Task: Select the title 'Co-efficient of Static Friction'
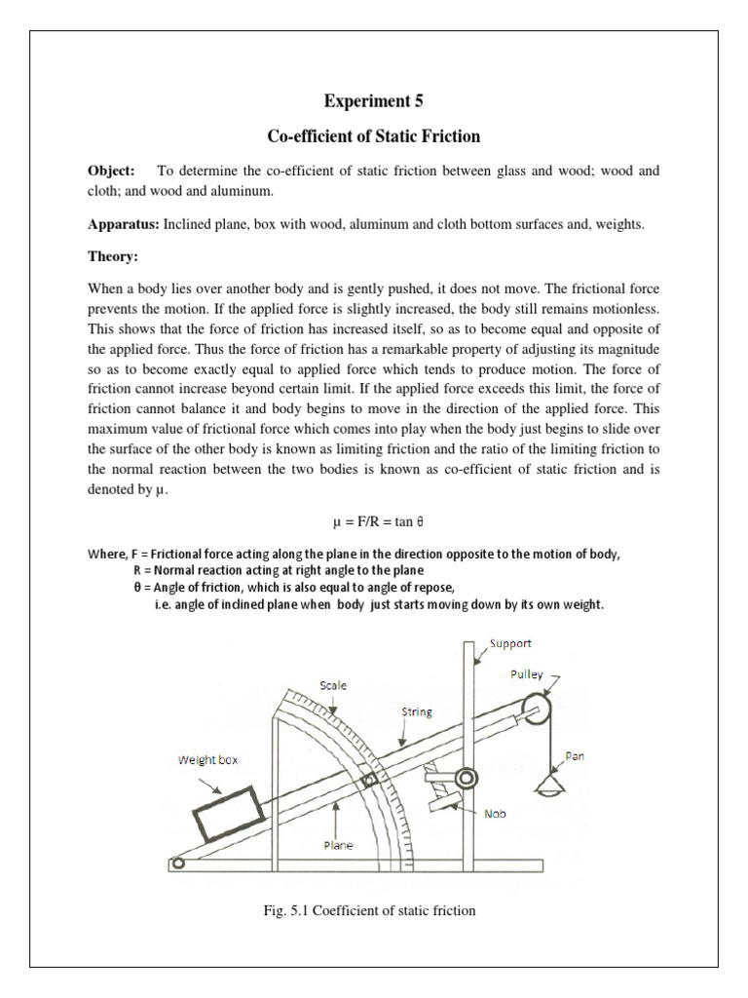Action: (x=374, y=135)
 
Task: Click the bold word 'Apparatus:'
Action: (x=124, y=224)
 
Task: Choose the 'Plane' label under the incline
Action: (x=338, y=846)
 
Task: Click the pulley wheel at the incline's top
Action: (x=538, y=709)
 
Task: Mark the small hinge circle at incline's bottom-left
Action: (x=176, y=862)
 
